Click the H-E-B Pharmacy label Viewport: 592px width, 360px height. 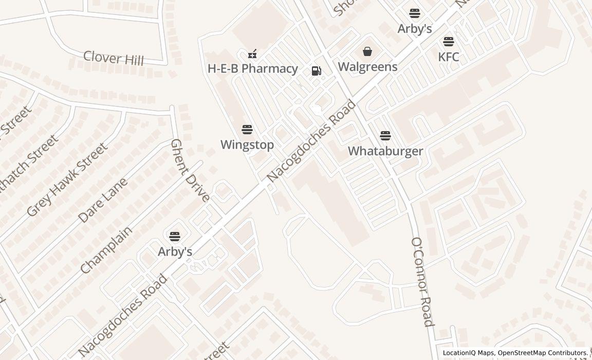(x=252, y=68)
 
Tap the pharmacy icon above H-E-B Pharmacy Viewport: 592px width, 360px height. (x=252, y=53)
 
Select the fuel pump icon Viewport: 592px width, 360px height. (x=317, y=71)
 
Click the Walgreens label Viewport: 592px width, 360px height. (x=367, y=67)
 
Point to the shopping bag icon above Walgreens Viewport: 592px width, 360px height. (x=367, y=51)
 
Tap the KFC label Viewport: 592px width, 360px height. (x=449, y=57)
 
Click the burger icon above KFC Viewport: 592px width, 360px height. (x=449, y=42)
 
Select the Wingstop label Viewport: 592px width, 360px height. (x=247, y=145)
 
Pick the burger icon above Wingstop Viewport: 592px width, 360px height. (x=247, y=129)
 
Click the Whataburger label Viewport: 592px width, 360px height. (x=385, y=151)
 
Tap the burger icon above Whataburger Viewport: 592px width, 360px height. (x=385, y=136)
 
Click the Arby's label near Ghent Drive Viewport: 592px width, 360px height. (x=175, y=251)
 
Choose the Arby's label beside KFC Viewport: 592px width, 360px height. (x=415, y=28)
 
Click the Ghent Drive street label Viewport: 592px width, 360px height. (x=190, y=170)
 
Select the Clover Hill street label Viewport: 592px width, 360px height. (x=114, y=58)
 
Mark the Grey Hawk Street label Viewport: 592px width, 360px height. (x=67, y=179)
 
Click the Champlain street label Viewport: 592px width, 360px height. (x=106, y=249)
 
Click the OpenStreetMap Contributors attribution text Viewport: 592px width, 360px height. (x=543, y=353)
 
